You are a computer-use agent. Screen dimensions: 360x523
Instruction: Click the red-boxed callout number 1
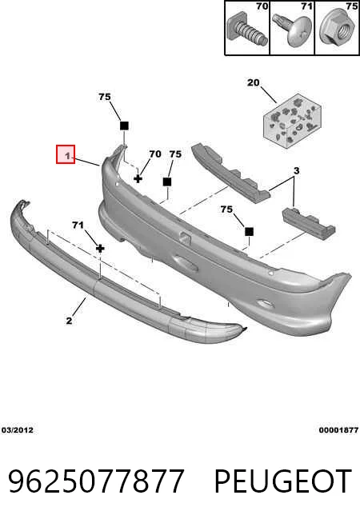(x=67, y=156)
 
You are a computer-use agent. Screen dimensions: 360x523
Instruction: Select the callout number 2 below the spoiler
(x=69, y=321)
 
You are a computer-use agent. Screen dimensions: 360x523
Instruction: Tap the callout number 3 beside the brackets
(x=296, y=171)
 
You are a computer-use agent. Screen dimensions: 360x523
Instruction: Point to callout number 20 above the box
(x=254, y=82)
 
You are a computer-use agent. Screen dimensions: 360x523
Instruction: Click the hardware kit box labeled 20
(x=292, y=121)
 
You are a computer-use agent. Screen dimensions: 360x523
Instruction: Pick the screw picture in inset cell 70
(x=246, y=30)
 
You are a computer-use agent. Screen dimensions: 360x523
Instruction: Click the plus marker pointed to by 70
(x=138, y=179)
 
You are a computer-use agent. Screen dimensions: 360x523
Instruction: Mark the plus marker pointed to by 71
(x=100, y=249)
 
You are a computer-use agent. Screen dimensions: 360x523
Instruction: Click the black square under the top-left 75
(x=124, y=126)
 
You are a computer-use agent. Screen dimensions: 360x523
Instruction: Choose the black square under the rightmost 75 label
(x=249, y=231)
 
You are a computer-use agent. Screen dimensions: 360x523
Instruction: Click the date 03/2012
(x=18, y=430)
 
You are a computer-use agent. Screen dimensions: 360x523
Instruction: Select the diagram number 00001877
(x=338, y=430)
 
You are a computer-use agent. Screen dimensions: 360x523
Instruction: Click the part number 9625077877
(x=96, y=481)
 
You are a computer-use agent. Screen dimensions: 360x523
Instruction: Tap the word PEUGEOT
(x=282, y=481)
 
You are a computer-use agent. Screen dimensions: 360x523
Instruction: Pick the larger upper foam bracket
(x=231, y=173)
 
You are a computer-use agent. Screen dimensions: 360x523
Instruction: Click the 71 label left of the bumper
(x=78, y=226)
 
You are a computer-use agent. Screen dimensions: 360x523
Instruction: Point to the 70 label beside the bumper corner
(x=155, y=154)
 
